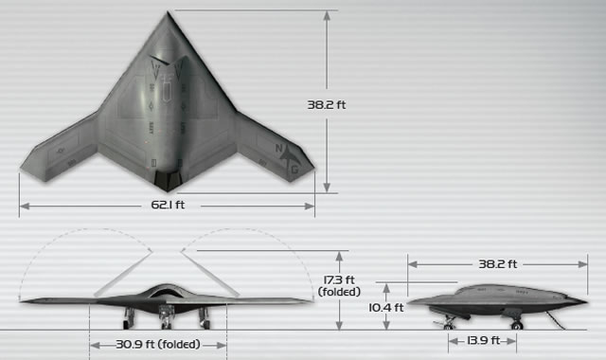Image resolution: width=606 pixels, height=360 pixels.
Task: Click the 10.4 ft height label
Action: tap(386, 307)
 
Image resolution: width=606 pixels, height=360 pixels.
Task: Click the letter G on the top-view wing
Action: tap(294, 170)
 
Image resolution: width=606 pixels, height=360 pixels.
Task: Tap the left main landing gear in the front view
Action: tap(130, 319)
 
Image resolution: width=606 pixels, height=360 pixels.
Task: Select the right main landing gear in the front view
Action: tap(204, 319)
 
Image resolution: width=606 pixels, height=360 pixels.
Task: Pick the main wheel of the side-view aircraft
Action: tap(451, 323)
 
